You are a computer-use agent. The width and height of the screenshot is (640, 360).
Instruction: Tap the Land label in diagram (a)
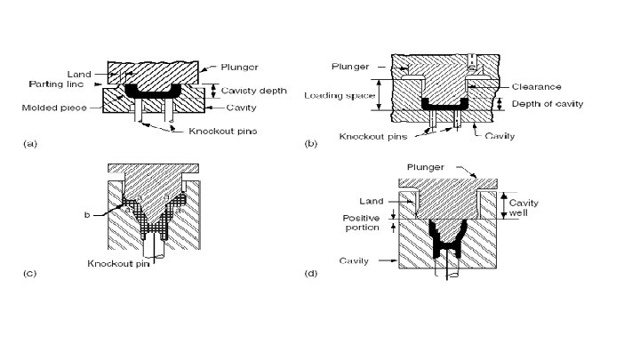pyautogui.click(x=78, y=73)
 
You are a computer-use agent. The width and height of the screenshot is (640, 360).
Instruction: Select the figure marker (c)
pyautogui.click(x=29, y=273)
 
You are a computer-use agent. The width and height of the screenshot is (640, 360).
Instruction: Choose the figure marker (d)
pyautogui.click(x=312, y=273)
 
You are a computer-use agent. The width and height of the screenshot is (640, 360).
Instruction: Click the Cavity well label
pyautogui.click(x=523, y=208)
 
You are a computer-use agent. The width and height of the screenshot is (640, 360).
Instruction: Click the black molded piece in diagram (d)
pyautogui.click(x=448, y=240)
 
